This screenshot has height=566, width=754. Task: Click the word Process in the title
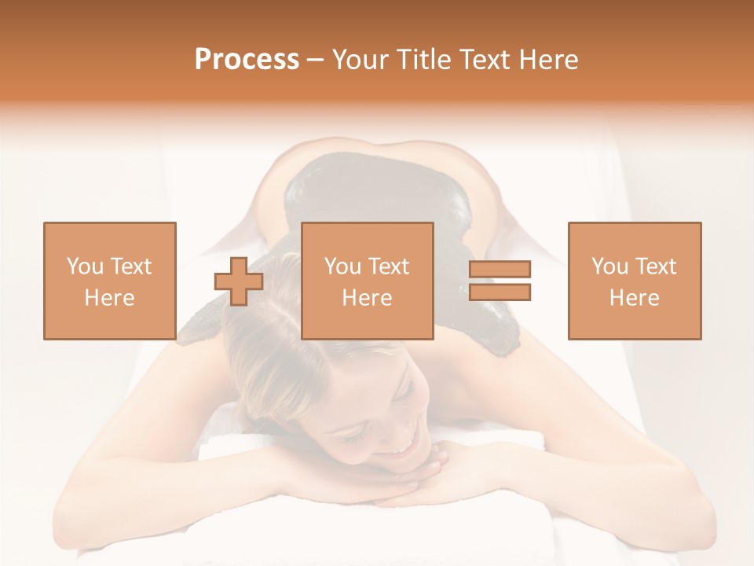point(247,60)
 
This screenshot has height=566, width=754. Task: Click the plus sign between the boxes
point(239,281)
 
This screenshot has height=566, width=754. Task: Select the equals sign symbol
point(500,281)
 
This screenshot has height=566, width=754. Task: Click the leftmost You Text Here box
point(110,281)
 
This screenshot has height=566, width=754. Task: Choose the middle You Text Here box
point(368,281)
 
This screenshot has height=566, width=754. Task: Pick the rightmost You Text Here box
point(635,281)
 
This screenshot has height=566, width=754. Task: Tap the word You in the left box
point(85,266)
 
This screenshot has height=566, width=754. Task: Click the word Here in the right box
point(635,297)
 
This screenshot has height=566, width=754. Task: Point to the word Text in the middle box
point(389,266)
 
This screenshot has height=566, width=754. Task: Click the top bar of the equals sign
point(500,270)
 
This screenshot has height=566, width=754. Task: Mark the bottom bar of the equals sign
point(500,292)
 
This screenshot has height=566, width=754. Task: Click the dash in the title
point(315,60)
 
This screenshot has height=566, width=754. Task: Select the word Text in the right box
point(656,266)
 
